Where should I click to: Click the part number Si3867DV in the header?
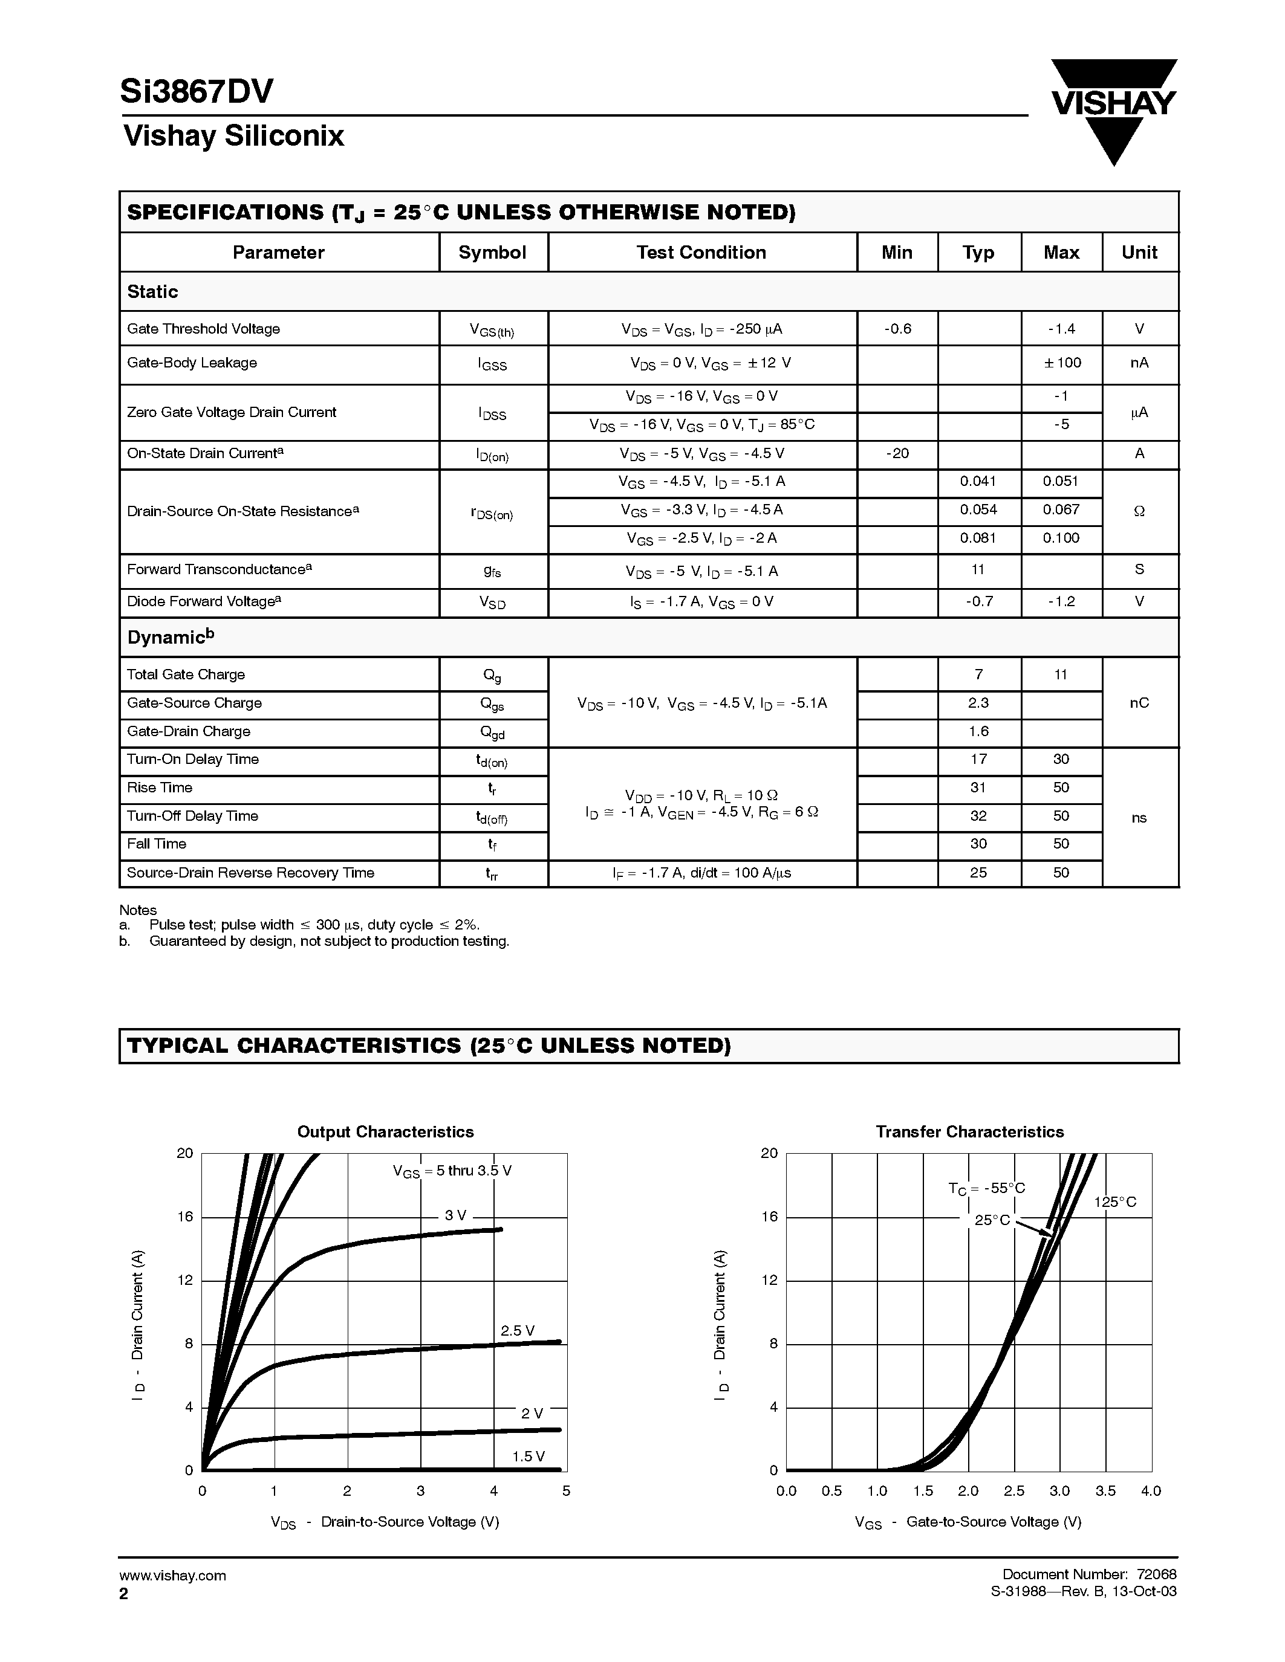(x=197, y=92)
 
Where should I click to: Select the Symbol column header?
(x=492, y=253)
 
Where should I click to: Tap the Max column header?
(x=1061, y=253)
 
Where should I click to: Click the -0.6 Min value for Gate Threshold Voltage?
(x=897, y=329)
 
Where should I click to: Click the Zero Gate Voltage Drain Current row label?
(x=232, y=412)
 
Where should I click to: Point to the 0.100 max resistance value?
(x=1061, y=538)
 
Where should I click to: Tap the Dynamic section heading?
(x=170, y=638)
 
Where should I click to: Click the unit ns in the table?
(x=1138, y=818)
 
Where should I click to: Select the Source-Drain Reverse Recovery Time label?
(x=250, y=873)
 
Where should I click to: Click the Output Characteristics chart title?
(x=385, y=1131)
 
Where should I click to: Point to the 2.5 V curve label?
(x=517, y=1331)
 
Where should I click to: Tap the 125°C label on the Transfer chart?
(x=1114, y=1202)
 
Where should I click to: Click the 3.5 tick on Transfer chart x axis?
(x=1105, y=1492)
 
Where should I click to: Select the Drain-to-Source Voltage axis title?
(x=385, y=1522)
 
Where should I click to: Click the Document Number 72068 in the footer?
(x=1088, y=1574)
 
